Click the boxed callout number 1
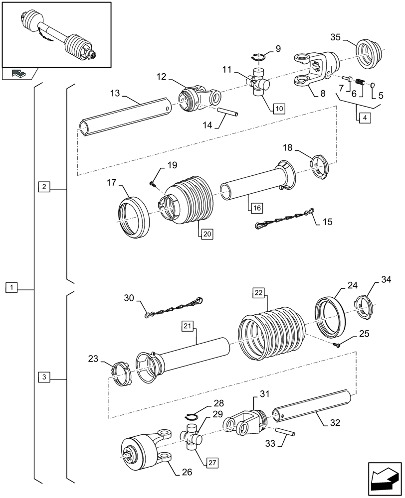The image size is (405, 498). coord(11,287)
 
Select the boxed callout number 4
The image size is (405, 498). coord(364,118)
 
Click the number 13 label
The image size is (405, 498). coord(115,93)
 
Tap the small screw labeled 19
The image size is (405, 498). coord(153,185)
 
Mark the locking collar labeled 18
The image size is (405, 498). coord(319,166)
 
